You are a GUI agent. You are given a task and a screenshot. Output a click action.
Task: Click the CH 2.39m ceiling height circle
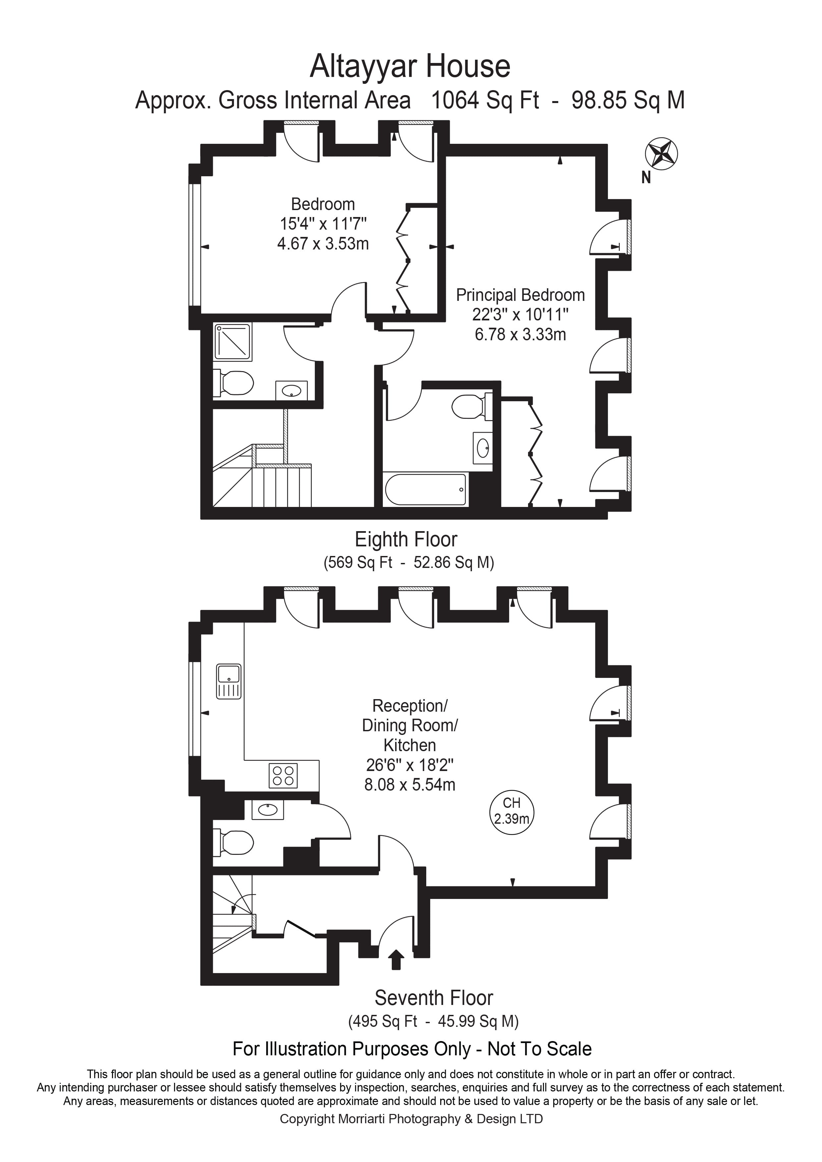(512, 811)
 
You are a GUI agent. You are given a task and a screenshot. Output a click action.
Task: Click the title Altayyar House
(410, 66)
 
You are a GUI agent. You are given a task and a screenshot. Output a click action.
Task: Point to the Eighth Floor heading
(406, 539)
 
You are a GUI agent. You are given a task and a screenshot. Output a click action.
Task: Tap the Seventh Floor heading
(433, 998)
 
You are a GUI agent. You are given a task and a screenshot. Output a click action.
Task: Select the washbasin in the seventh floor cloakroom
(268, 810)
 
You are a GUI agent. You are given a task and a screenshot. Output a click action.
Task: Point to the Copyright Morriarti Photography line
(411, 1119)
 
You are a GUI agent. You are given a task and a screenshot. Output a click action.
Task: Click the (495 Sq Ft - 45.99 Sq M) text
(433, 1021)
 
